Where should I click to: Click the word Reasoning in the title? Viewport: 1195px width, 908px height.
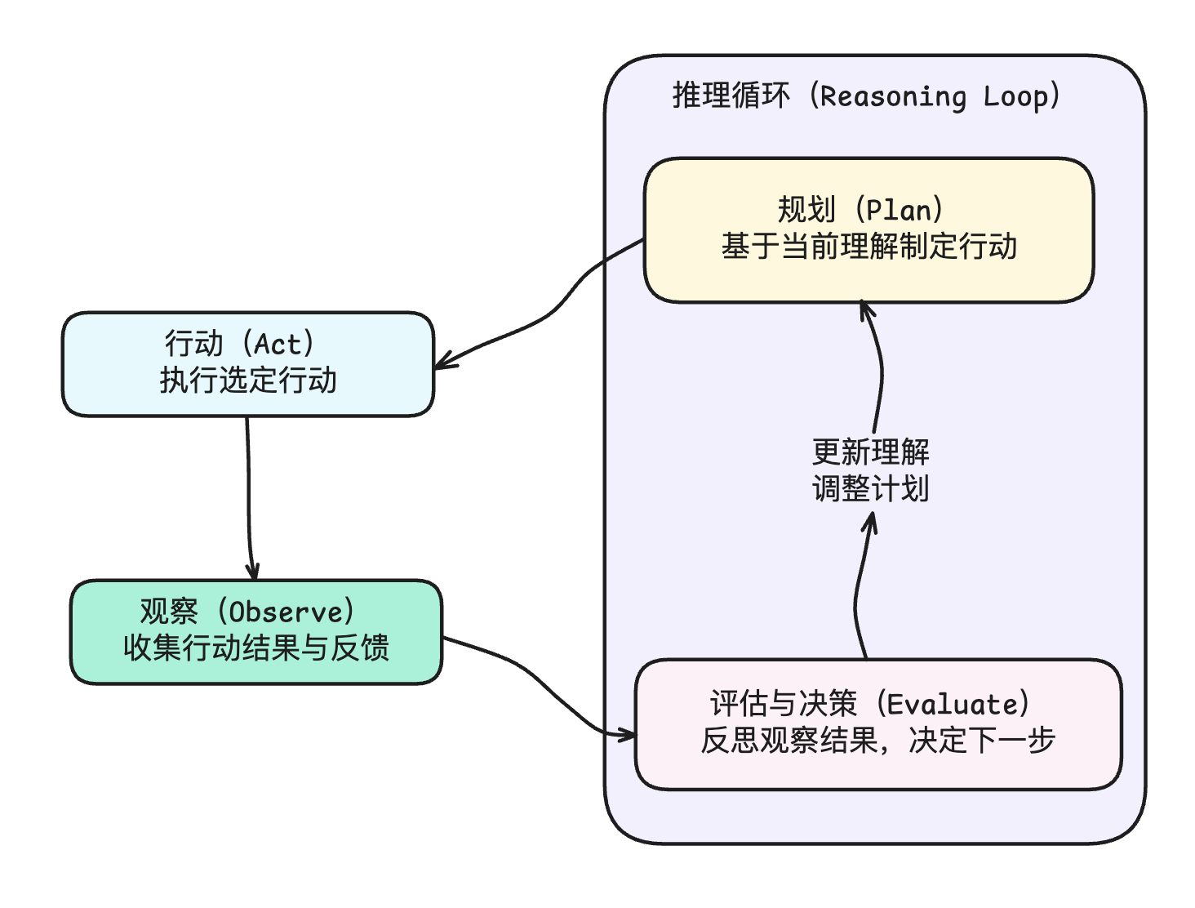click(893, 96)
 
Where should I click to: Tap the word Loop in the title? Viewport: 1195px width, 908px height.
click(1015, 96)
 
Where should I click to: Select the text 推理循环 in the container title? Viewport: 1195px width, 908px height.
click(731, 96)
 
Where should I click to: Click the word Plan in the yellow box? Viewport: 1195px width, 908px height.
click(899, 211)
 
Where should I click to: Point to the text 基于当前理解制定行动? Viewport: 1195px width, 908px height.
click(868, 247)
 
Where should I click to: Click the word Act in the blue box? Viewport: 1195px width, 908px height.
click(278, 345)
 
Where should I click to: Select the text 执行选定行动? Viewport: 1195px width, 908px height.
click(248, 381)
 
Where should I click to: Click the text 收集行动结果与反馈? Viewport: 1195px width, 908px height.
click(255, 648)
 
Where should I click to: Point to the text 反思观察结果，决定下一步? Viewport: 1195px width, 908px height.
click(877, 741)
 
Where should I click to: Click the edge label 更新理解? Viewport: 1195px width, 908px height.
click(870, 452)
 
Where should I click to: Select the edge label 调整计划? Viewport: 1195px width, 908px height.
click(870, 489)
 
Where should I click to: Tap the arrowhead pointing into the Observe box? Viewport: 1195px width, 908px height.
click(253, 572)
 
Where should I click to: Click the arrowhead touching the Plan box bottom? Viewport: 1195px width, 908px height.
click(866, 308)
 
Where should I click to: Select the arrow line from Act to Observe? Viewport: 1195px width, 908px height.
click(248, 490)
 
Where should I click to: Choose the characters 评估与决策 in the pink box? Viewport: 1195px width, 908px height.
click(783, 705)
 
